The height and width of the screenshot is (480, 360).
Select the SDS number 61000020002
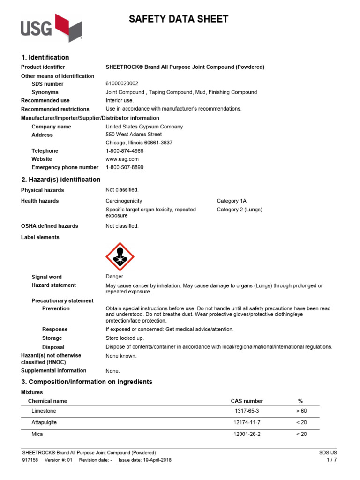122,84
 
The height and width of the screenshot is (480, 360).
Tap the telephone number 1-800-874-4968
125,151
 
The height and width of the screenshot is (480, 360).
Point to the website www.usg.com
122,159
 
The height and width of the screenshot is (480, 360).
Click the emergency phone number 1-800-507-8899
125,167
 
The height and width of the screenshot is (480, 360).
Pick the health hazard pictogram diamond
120,256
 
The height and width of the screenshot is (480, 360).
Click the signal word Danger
114,277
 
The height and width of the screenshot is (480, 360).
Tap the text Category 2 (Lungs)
240,210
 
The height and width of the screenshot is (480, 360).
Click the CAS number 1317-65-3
247,411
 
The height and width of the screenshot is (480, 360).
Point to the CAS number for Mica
247,434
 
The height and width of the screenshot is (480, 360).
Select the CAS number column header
247,401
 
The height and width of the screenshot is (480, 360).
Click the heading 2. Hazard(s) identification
60,180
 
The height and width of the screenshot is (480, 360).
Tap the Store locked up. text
125,338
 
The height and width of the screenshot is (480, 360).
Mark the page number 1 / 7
331,460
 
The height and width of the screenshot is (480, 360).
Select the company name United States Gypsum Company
144,127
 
